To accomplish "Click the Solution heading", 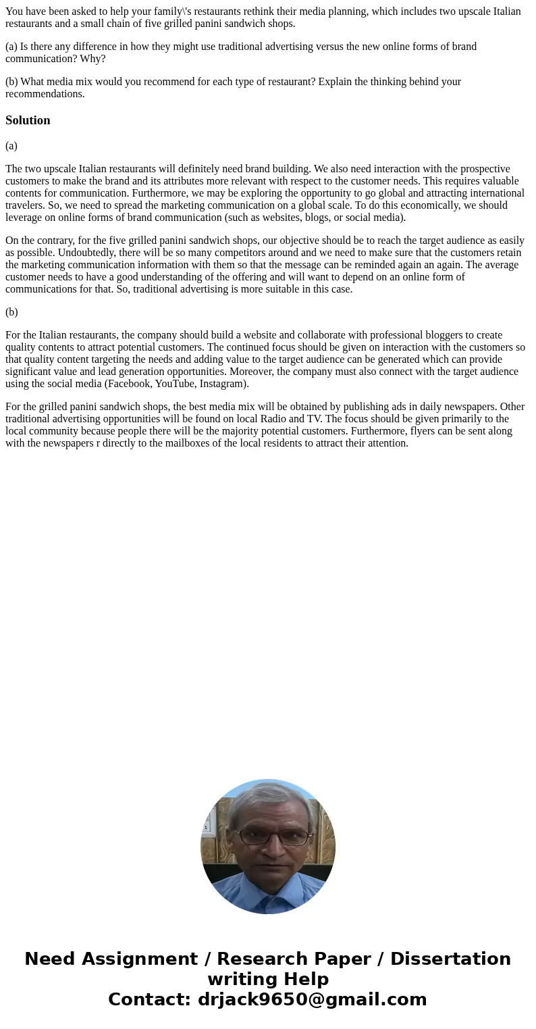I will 28,120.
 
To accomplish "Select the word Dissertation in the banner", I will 450,959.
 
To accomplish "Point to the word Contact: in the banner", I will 149,1000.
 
